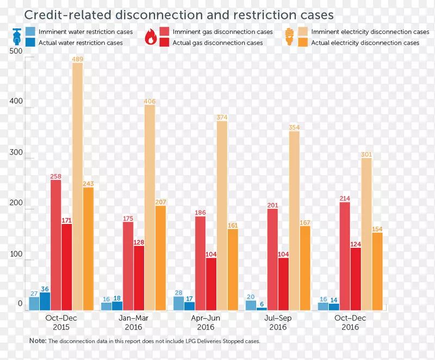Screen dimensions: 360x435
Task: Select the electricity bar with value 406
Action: (150, 207)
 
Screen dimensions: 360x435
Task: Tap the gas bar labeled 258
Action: (56, 245)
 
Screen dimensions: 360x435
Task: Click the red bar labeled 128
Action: (139, 278)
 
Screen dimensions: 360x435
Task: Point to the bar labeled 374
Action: (222, 215)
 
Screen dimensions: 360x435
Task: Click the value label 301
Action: (366, 154)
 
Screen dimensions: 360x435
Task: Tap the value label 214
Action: (345, 198)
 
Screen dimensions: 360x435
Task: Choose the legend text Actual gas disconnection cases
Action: (217, 43)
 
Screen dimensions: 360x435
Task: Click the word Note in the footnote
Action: (38, 341)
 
